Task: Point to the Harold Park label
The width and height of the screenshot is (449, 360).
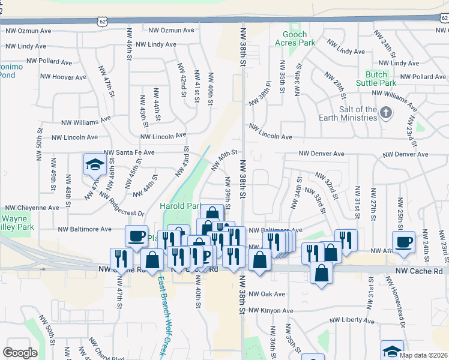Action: (x=179, y=206)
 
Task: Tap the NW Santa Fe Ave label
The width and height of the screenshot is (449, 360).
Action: (x=129, y=153)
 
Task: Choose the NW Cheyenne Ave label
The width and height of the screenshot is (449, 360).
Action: (x=30, y=208)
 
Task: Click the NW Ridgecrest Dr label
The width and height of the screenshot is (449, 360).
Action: (x=122, y=204)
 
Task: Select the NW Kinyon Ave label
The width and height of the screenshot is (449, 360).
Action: (x=271, y=311)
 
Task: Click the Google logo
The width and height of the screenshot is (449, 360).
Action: (x=19, y=353)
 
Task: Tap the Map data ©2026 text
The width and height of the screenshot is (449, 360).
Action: (x=423, y=355)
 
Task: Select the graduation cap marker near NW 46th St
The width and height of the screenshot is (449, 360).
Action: (x=94, y=164)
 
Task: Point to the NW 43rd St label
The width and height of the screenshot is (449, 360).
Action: (x=182, y=163)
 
